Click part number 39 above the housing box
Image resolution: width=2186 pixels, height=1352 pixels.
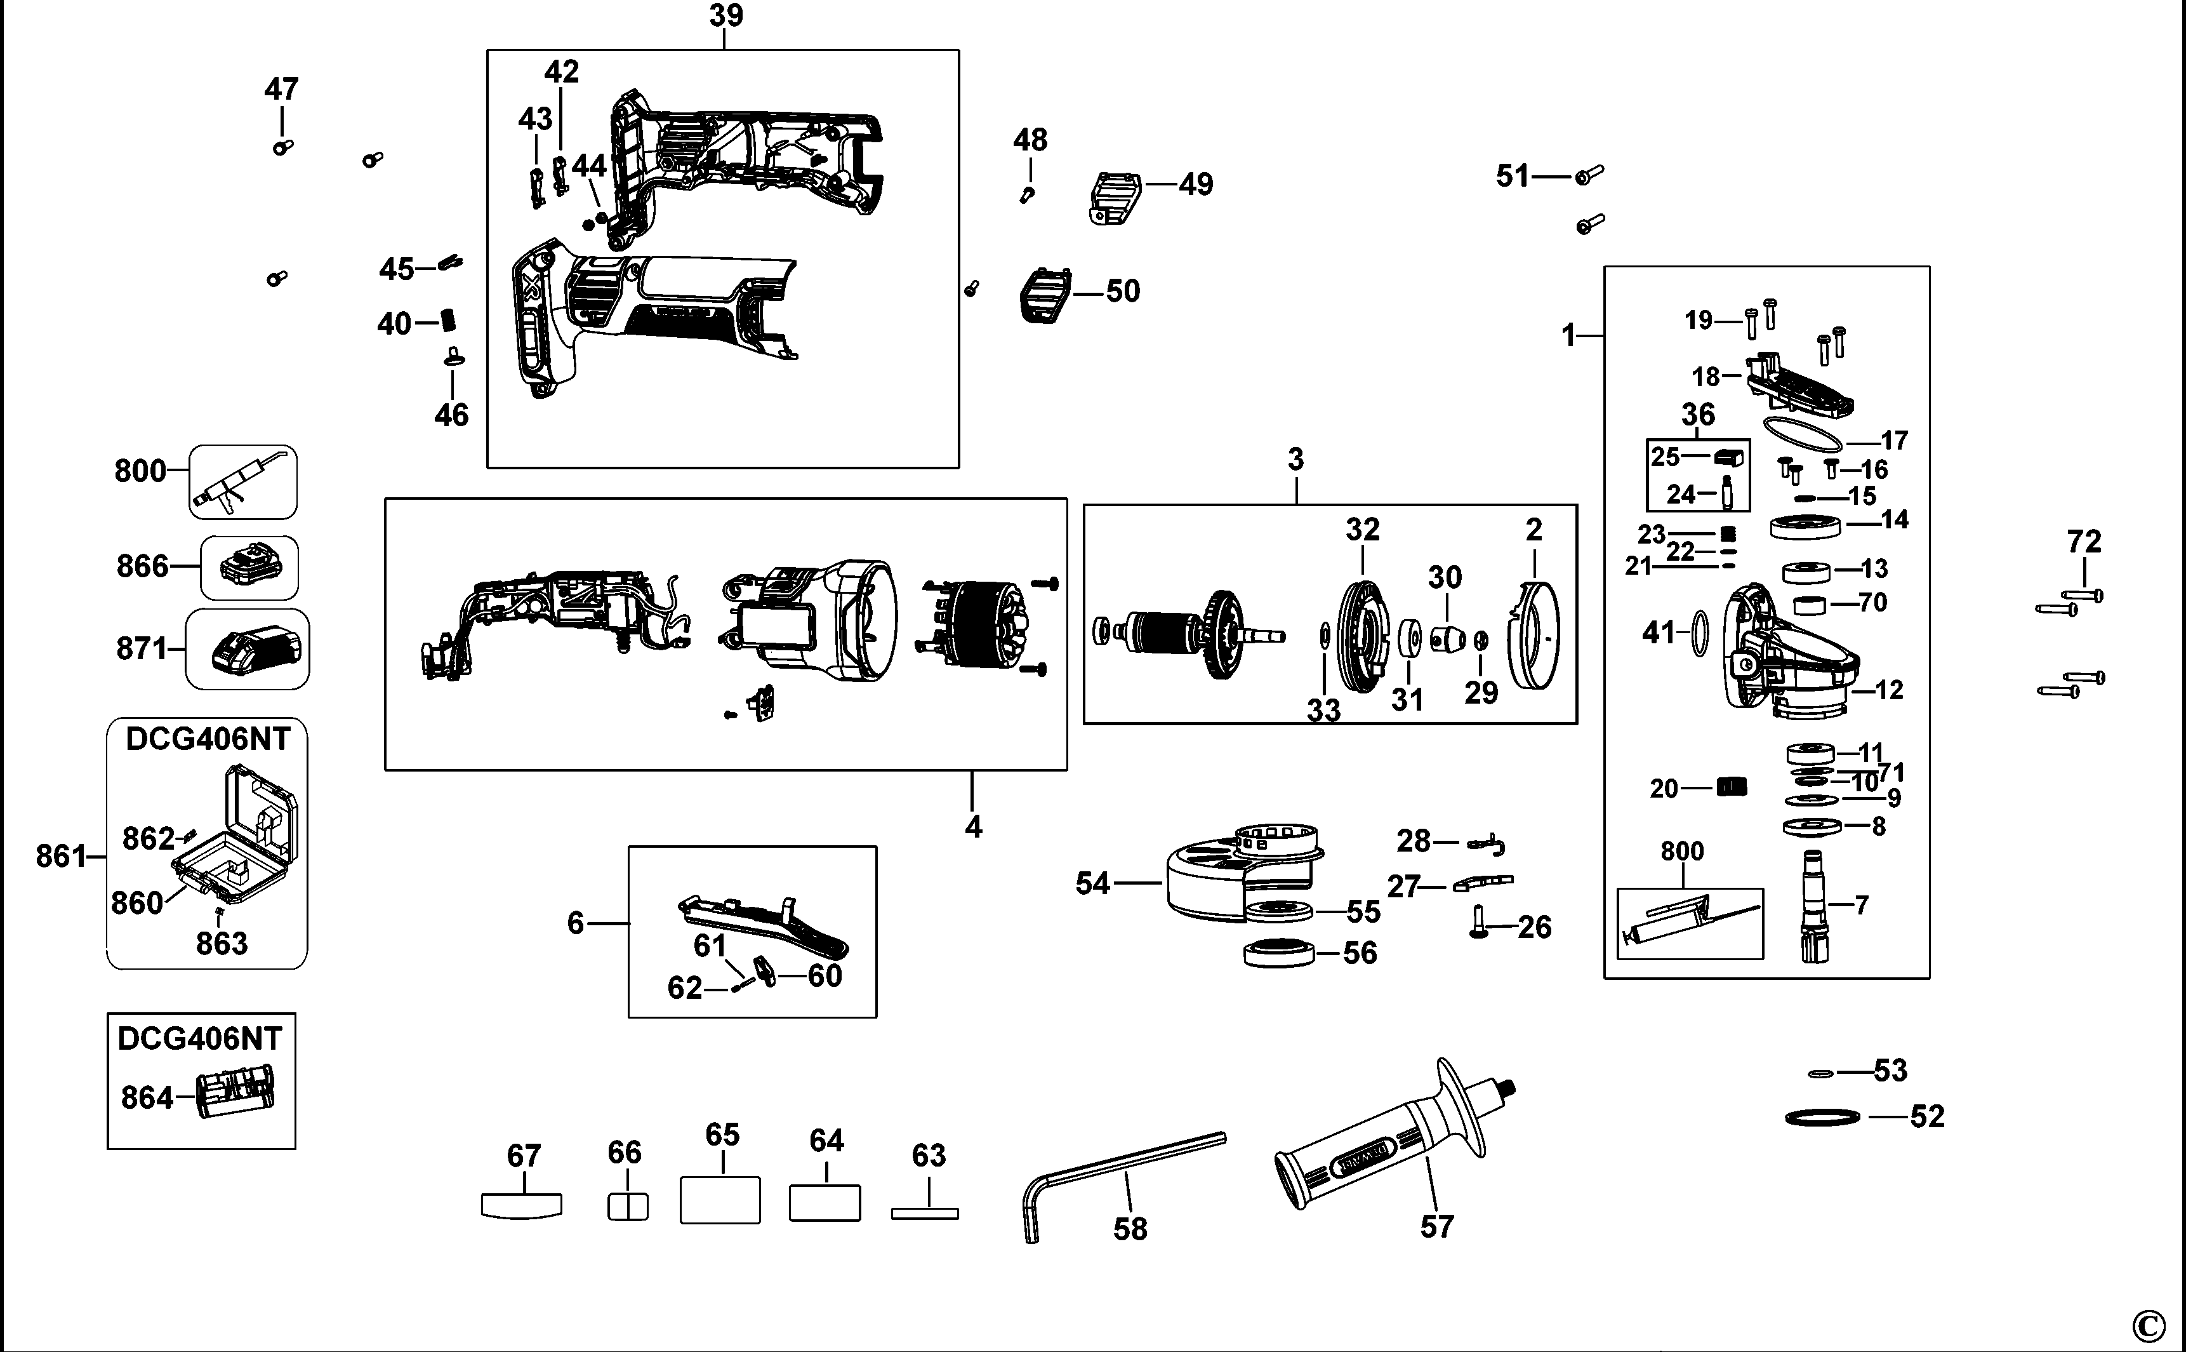(x=725, y=15)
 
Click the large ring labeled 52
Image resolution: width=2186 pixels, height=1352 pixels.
(x=1822, y=1117)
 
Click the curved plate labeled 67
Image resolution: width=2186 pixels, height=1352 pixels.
(x=521, y=1205)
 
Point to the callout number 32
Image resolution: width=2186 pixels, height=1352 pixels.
(x=1363, y=530)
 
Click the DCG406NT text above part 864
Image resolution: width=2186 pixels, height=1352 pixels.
(x=199, y=1038)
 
